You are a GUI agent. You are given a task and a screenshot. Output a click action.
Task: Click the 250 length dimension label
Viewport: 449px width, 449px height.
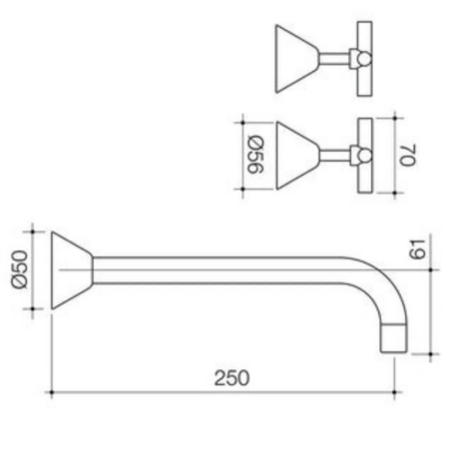pos(231,378)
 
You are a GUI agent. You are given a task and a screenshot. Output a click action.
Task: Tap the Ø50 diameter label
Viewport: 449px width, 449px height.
pos(19,269)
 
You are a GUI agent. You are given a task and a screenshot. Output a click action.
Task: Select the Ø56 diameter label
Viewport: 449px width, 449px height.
pos(255,155)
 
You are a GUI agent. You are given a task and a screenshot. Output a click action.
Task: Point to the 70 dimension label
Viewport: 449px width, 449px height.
pos(407,155)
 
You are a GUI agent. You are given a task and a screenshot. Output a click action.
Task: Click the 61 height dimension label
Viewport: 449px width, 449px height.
pos(417,249)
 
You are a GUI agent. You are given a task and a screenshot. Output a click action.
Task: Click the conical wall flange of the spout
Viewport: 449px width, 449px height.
pos(71,270)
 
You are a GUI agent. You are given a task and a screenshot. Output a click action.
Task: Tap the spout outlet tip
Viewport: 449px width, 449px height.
pos(394,337)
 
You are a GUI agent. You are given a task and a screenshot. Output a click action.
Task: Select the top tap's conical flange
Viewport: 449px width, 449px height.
pos(296,59)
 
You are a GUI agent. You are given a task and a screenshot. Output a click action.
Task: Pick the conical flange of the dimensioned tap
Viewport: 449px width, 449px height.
pos(296,156)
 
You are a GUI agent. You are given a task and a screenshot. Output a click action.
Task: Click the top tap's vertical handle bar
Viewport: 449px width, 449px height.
pos(364,59)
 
